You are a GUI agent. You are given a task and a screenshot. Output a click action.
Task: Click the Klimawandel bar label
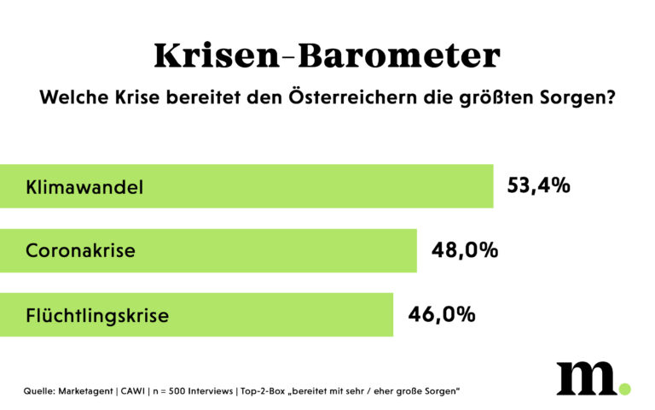click(84, 187)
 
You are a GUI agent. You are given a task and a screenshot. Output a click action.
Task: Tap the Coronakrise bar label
click(81, 251)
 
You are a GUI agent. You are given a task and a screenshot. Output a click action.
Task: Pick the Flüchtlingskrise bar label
click(97, 315)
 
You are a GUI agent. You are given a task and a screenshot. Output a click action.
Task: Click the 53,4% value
click(538, 185)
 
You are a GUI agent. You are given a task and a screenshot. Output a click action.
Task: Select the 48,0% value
click(465, 250)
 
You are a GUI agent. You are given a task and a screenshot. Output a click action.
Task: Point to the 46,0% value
click(442, 314)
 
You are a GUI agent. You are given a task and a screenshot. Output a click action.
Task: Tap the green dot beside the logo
click(624, 389)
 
